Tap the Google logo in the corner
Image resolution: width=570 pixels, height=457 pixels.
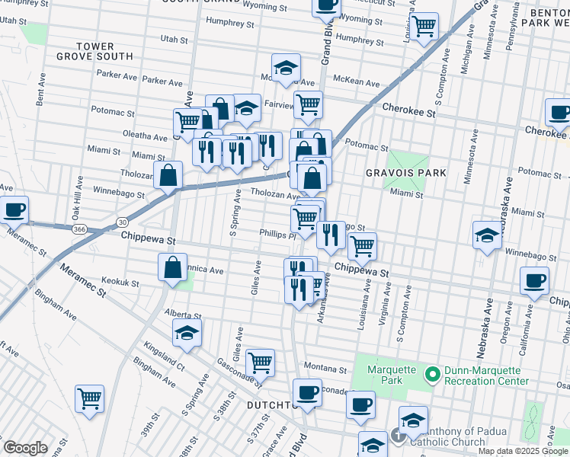(25, 448)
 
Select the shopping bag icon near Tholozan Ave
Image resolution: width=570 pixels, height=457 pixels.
(168, 176)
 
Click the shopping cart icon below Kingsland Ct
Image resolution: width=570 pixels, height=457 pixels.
(90, 398)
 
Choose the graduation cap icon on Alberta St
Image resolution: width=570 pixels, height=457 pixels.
(187, 333)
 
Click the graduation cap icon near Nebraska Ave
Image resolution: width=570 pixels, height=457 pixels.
(487, 235)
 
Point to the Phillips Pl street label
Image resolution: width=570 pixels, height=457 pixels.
(277, 235)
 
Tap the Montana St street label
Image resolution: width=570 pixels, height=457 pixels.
(325, 369)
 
